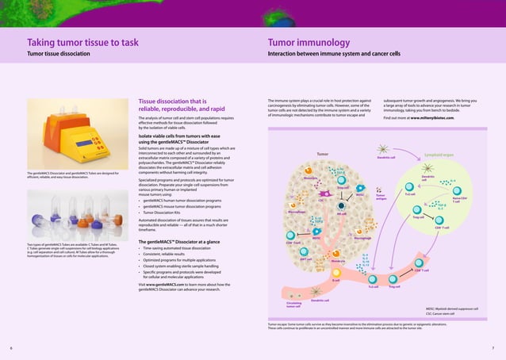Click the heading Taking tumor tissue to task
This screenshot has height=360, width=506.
(x=82, y=43)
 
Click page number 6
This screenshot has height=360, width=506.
(x=11, y=348)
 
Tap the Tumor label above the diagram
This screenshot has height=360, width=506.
(x=322, y=154)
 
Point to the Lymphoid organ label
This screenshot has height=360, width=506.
(x=439, y=155)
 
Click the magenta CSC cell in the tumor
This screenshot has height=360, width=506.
(x=325, y=193)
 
